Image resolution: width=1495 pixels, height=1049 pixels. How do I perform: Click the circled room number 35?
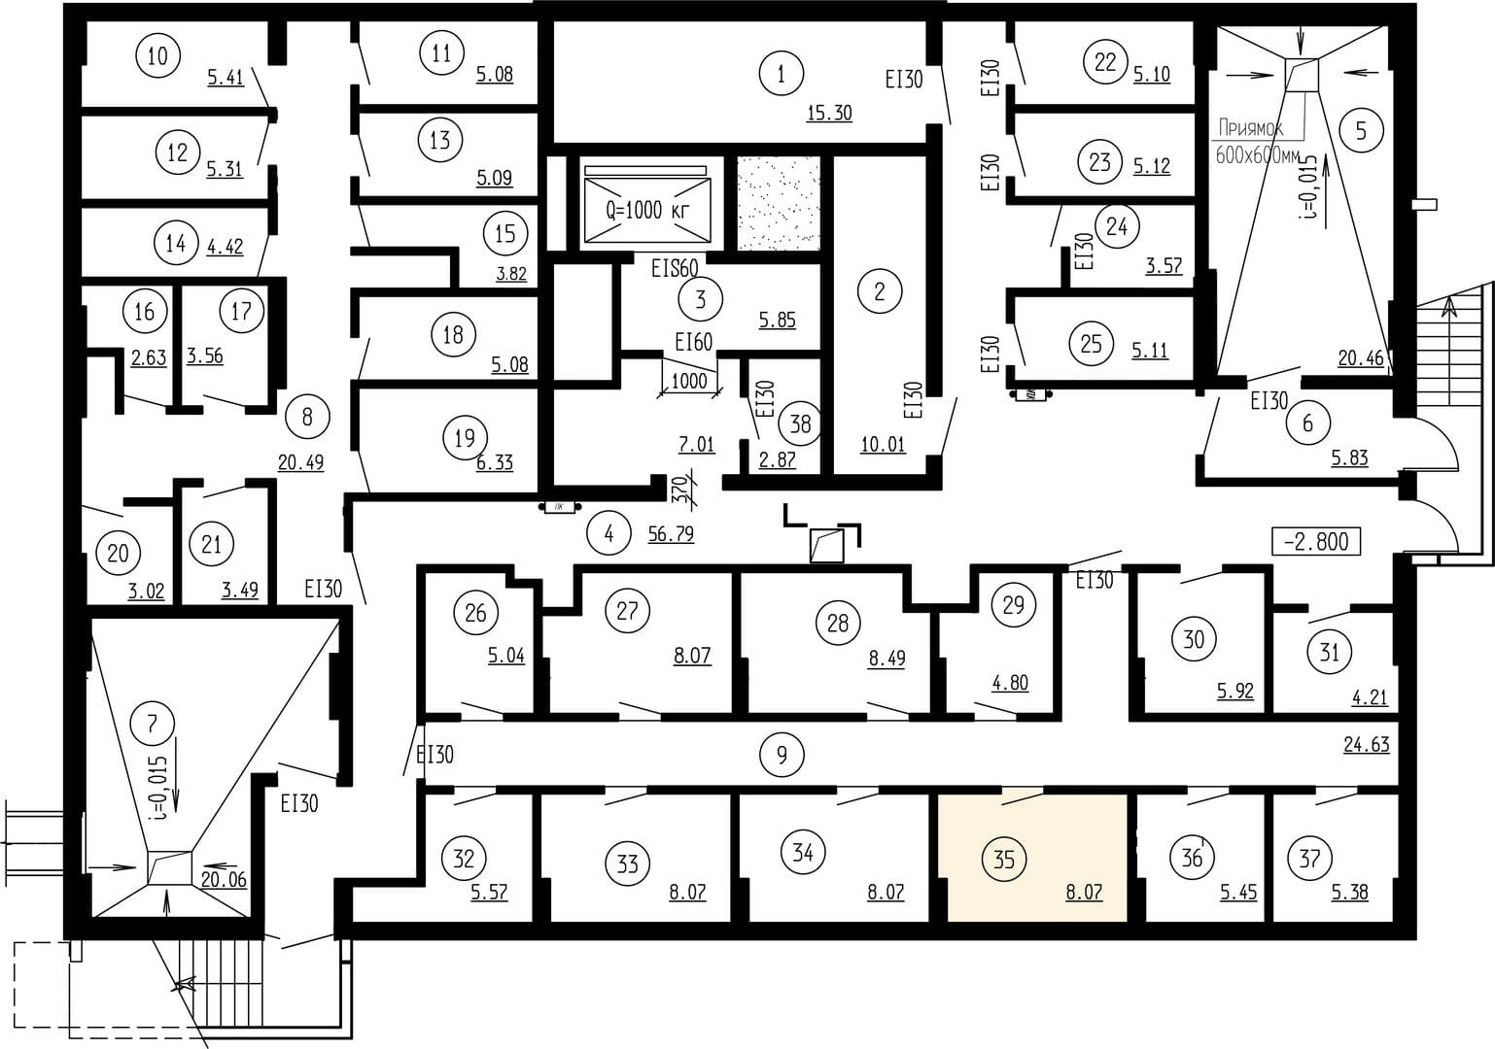[1004, 859]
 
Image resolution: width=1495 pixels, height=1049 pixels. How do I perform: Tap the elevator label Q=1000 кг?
[646, 210]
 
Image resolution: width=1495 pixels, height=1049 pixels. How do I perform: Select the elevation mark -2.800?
[1316, 542]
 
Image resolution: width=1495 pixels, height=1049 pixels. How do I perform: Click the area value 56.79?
[671, 534]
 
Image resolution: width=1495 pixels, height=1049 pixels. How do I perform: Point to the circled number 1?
[782, 74]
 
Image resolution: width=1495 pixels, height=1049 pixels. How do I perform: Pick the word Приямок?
[1250, 127]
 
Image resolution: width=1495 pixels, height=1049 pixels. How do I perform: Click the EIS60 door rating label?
[675, 268]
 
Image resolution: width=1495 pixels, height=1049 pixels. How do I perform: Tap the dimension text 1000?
[689, 381]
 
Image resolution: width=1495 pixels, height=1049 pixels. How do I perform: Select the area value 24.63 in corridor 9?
[1366, 745]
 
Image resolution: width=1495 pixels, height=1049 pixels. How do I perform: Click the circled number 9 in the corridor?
[782, 755]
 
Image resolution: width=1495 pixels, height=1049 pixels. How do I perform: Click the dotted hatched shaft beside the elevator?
[779, 203]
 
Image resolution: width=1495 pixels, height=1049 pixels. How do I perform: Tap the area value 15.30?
[829, 114]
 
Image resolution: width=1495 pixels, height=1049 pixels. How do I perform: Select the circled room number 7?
[153, 724]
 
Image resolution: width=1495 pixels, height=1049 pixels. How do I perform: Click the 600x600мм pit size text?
[1258, 155]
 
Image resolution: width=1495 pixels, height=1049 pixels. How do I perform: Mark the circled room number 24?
[1117, 226]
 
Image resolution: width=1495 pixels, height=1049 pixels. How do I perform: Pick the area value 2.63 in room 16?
[148, 358]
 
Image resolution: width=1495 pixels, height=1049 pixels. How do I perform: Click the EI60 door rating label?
[693, 343]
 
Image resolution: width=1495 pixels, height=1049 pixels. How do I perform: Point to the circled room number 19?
[465, 438]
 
